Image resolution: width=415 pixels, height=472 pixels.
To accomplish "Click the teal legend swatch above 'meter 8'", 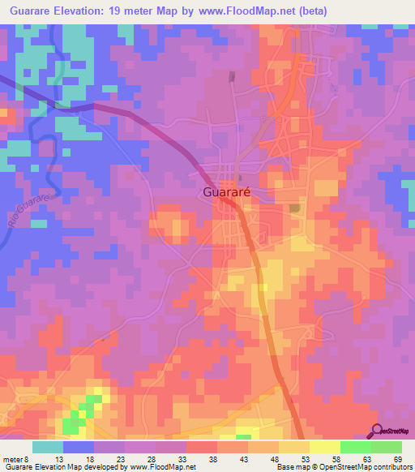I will tap(48, 447).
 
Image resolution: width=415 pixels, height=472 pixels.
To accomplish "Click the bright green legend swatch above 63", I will tap(356, 447).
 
